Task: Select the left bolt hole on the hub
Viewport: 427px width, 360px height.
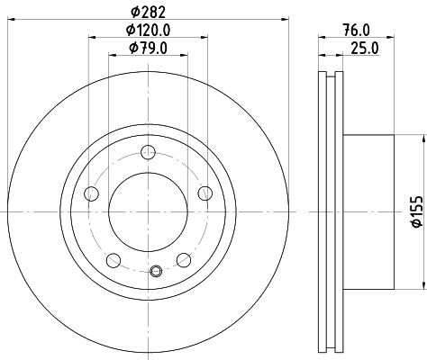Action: click(91, 193)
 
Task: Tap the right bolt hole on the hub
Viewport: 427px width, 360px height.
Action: click(205, 192)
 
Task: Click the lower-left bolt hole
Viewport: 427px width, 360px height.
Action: click(114, 260)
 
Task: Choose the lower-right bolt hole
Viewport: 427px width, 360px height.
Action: click(184, 260)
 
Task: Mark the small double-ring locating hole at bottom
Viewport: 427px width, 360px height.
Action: click(157, 268)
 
